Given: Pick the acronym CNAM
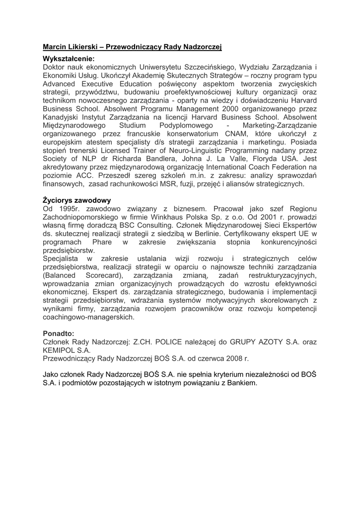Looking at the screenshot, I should tap(231, 134).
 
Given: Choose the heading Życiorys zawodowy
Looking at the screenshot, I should tap(77, 200).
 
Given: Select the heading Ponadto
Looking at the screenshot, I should tap(59, 333).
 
